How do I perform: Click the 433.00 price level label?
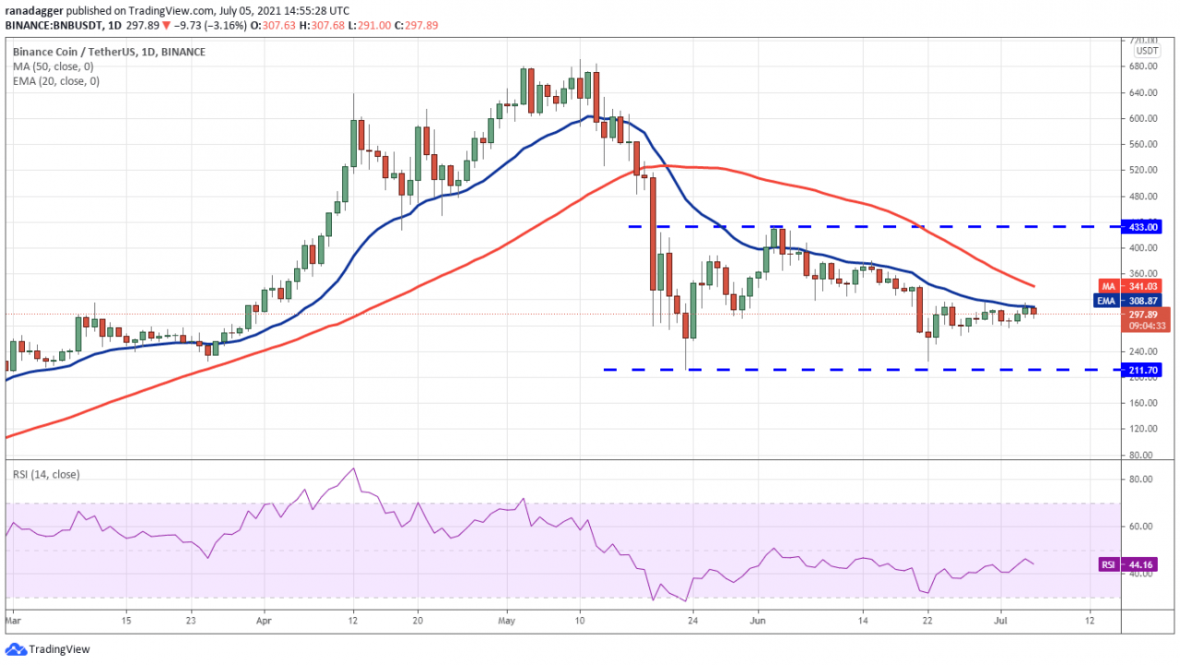[1137, 226]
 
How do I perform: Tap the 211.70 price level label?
[1137, 370]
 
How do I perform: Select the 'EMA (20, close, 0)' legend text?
[57, 81]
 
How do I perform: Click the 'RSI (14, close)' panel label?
[46, 474]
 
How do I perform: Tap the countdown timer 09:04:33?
[1144, 326]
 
